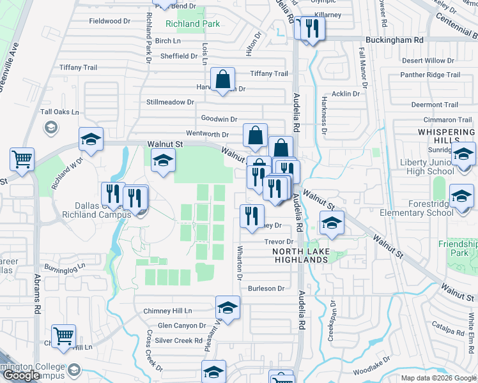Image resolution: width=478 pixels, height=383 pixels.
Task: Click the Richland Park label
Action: (192, 24)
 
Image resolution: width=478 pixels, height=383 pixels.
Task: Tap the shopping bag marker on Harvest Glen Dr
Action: (223, 80)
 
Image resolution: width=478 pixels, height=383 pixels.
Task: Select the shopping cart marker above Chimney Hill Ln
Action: (63, 336)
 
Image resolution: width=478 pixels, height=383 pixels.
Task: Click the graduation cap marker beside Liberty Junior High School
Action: (463, 155)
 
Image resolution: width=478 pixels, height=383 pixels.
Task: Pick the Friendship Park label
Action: (458, 248)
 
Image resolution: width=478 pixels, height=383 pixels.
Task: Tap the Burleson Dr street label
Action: (266, 289)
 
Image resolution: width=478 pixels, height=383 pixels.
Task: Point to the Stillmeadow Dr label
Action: (170, 102)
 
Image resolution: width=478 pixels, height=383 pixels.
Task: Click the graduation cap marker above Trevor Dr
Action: (332, 224)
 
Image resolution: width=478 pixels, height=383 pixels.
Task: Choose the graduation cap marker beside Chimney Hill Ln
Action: (227, 308)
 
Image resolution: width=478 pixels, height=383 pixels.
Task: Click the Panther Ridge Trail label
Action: (430, 75)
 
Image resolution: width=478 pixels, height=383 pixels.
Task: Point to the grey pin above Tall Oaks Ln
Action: (50, 128)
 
